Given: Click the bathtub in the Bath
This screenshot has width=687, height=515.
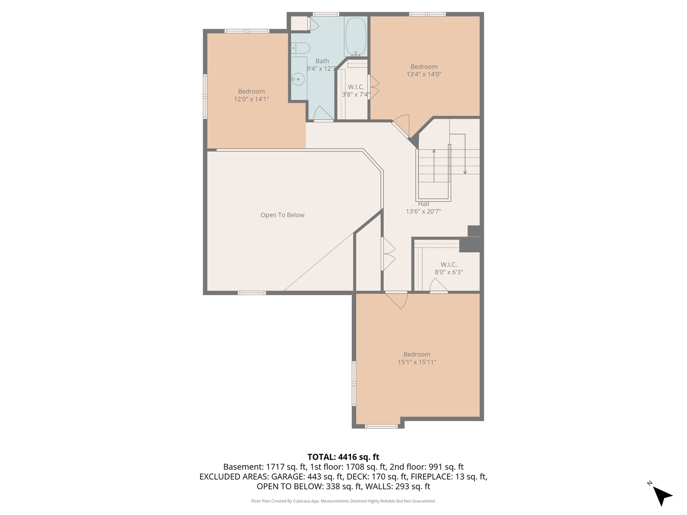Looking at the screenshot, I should [x=355, y=37].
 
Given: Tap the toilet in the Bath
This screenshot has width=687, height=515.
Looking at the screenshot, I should [x=301, y=48].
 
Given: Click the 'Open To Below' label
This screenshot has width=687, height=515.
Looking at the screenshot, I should [x=282, y=215].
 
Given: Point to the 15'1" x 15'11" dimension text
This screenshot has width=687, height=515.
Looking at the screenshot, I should [x=417, y=362].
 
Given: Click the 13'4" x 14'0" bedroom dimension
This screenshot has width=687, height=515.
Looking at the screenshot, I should [x=424, y=74].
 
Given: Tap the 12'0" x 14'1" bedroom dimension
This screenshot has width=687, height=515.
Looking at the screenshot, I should [x=251, y=99].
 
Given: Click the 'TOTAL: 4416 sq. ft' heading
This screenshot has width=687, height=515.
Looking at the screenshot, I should [x=343, y=457].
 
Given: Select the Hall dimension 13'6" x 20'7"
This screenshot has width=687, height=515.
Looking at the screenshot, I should [x=423, y=211].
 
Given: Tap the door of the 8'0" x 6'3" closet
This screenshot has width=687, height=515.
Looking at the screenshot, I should [x=438, y=286].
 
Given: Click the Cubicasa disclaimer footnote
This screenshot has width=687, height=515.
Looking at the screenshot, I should [x=343, y=501].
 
